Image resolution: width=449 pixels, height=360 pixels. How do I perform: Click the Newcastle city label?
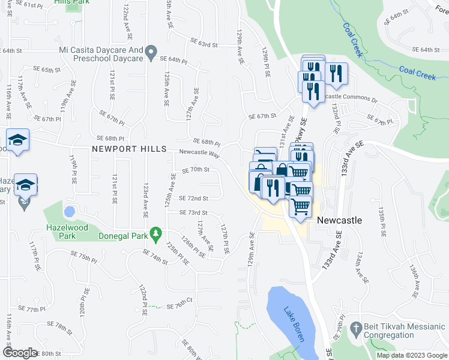[339, 220]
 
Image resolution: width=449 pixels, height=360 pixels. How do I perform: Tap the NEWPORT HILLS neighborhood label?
[128, 148]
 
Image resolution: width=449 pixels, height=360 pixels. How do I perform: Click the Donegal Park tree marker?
[155, 232]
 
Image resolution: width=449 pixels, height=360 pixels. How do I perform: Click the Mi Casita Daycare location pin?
[151, 52]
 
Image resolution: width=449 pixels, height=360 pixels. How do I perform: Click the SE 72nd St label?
[193, 198]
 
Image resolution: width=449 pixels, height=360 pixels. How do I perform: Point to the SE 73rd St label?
[193, 212]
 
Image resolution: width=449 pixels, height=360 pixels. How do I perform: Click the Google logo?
[20, 352]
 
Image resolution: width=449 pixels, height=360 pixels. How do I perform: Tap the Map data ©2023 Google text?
[411, 355]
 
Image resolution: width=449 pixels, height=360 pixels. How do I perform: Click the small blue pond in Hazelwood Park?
[70, 212]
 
